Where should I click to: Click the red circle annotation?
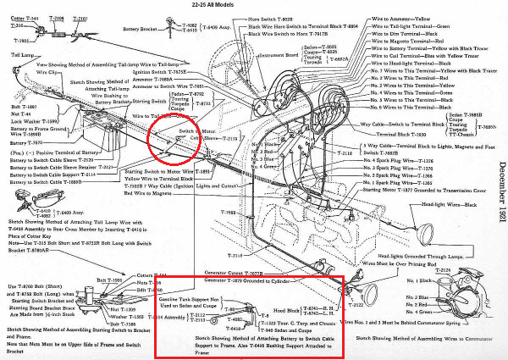tap(173, 141)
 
